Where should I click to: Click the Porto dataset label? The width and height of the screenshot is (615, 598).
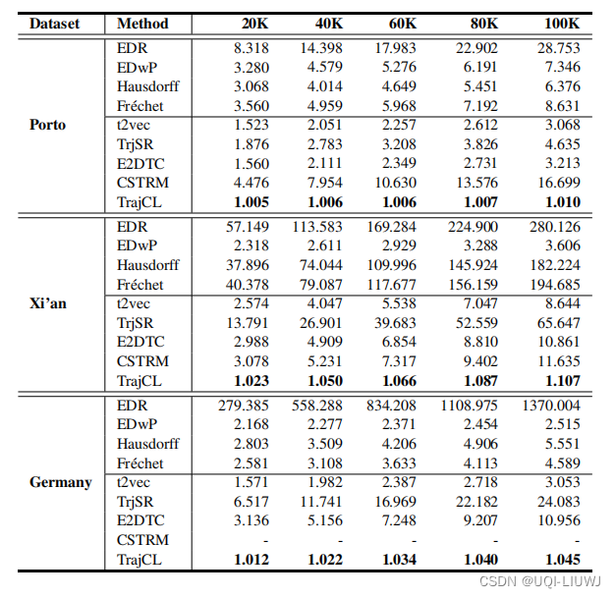[x=48, y=125]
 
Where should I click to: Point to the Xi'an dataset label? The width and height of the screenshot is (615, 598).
[x=48, y=303]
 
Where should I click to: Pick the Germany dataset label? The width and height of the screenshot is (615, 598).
[x=60, y=482]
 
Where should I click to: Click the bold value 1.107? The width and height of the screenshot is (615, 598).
[x=557, y=380]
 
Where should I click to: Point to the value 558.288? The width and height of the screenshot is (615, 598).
[x=315, y=405]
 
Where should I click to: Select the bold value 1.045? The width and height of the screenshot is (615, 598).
[x=557, y=560]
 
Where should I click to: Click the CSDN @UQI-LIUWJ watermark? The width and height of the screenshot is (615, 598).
[x=546, y=580]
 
